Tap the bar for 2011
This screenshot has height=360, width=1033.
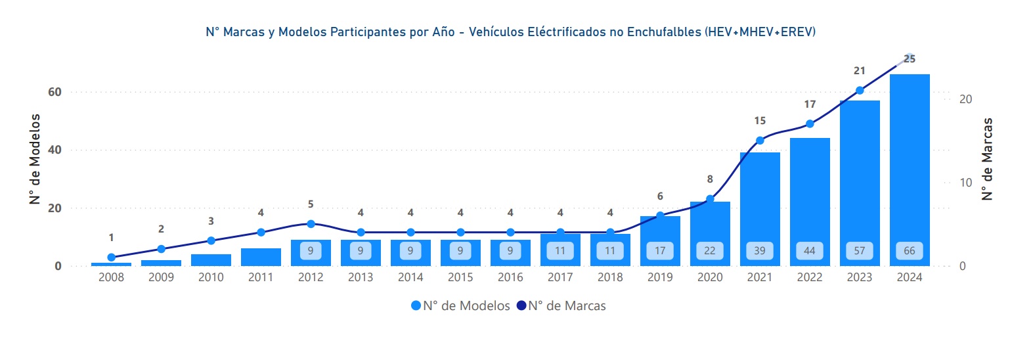click(x=261, y=257)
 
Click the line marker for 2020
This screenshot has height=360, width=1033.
click(x=710, y=199)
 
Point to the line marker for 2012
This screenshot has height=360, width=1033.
click(x=311, y=224)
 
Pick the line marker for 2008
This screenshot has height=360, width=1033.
click(x=111, y=258)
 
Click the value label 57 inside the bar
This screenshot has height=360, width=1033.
click(x=860, y=250)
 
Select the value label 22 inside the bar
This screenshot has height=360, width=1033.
click(x=710, y=250)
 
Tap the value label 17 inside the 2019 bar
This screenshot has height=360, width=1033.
click(x=660, y=250)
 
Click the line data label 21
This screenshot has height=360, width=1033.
click(x=860, y=71)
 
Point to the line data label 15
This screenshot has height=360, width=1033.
click(x=760, y=121)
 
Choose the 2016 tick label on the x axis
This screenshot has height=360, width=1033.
click(x=510, y=277)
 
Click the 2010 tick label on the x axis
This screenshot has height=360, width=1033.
click(x=211, y=277)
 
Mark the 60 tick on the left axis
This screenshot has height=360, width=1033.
click(x=55, y=92)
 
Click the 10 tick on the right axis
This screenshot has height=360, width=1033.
click(x=965, y=183)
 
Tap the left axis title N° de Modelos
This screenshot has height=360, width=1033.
click(x=35, y=159)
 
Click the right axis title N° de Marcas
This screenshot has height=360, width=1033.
click(x=987, y=159)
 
